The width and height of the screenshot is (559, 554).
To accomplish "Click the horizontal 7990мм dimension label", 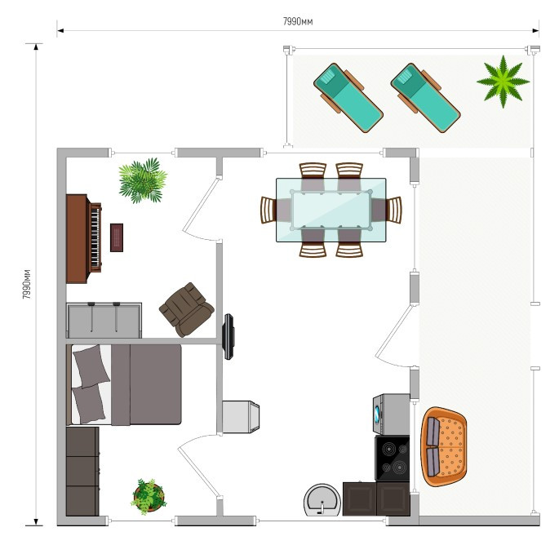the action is pyautogui.click(x=298, y=22).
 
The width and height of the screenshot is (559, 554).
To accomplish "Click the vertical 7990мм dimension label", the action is pyautogui.click(x=27, y=284).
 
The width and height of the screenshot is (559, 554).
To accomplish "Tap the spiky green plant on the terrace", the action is pyautogui.click(x=503, y=82).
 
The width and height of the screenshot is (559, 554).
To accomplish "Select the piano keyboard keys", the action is pyautogui.click(x=95, y=237).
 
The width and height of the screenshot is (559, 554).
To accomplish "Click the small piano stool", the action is pyautogui.click(x=117, y=237).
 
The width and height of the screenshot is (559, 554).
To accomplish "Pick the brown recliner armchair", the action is pyautogui.click(x=186, y=309).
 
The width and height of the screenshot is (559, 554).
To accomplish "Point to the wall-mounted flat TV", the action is pyautogui.click(x=228, y=336).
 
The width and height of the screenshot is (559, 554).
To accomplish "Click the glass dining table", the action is pyautogui.click(x=331, y=210).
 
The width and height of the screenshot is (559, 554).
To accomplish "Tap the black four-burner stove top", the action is pyautogui.click(x=393, y=458).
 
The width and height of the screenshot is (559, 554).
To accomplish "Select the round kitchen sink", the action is pyautogui.click(x=322, y=499).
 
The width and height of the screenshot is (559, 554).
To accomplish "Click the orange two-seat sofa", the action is pyautogui.click(x=444, y=446).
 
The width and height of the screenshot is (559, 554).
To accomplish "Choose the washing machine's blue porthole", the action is pyautogui.click(x=377, y=414).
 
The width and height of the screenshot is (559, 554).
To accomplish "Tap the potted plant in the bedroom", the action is pyautogui.click(x=149, y=497).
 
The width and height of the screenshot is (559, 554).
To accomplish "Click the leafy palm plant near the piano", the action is pyautogui.click(x=143, y=180).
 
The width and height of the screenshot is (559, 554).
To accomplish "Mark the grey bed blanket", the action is pyautogui.click(x=146, y=384).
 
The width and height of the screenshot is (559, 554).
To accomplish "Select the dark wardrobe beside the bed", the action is pyautogui.click(x=82, y=472).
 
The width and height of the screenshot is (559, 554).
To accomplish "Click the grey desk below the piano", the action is pyautogui.click(x=104, y=320).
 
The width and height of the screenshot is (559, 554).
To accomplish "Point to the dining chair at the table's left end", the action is pyautogui.click(x=268, y=210).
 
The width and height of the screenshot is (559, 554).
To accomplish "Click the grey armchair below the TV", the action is pyautogui.click(x=241, y=416).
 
